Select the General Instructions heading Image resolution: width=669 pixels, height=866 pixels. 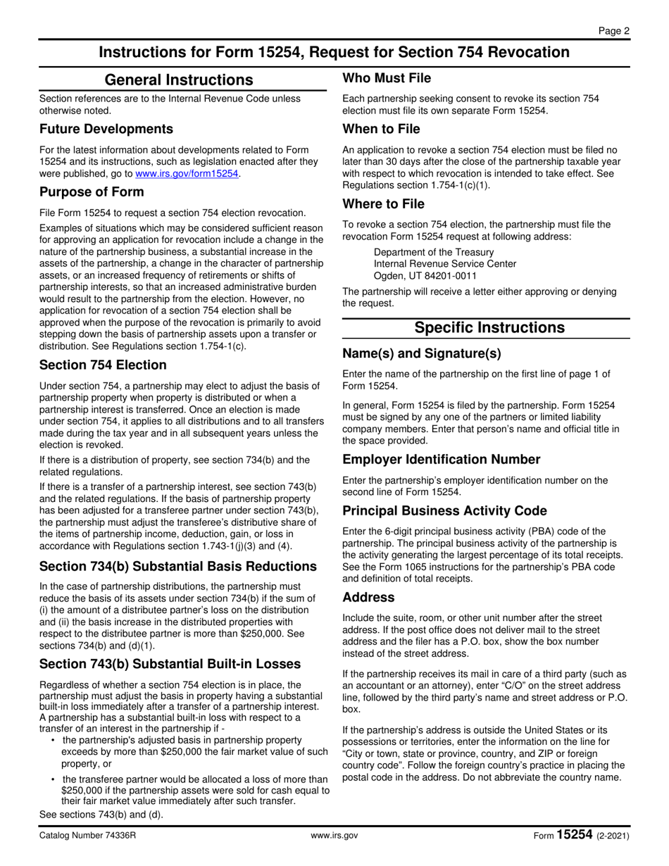pyautogui.click(x=178, y=80)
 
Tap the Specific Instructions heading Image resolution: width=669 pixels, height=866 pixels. pyautogui.click(x=489, y=327)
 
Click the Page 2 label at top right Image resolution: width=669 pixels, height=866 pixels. pyautogui.click(x=614, y=30)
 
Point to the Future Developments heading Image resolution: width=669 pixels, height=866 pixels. pyautogui.click(x=106, y=129)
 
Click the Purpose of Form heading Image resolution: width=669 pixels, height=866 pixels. pyautogui.click(x=92, y=192)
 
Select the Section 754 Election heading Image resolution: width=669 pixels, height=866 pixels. pyautogui.click(x=103, y=365)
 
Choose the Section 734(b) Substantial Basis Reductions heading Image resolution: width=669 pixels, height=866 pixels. pyautogui.click(x=177, y=566)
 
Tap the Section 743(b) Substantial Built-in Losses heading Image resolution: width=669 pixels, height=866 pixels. pyautogui.click(x=170, y=663)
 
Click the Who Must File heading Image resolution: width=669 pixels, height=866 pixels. pyautogui.click(x=387, y=78)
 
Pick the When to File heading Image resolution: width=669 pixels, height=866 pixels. pyautogui.click(x=381, y=129)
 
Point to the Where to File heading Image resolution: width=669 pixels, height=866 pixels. pyautogui.click(x=383, y=204)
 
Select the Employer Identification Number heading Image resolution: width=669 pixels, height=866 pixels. pyautogui.click(x=441, y=460)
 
